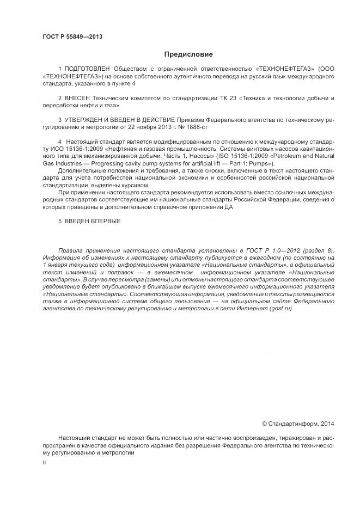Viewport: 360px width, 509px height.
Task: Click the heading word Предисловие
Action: pyautogui.click(x=188, y=54)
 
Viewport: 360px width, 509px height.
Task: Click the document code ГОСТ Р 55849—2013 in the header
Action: pyautogui.click(x=72, y=37)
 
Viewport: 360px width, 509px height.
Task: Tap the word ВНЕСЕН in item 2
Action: pyautogui.click(x=80, y=98)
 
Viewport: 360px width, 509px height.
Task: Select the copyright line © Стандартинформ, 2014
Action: pyautogui.click(x=298, y=423)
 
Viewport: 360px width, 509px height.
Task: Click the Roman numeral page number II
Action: pyautogui.click(x=44, y=462)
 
